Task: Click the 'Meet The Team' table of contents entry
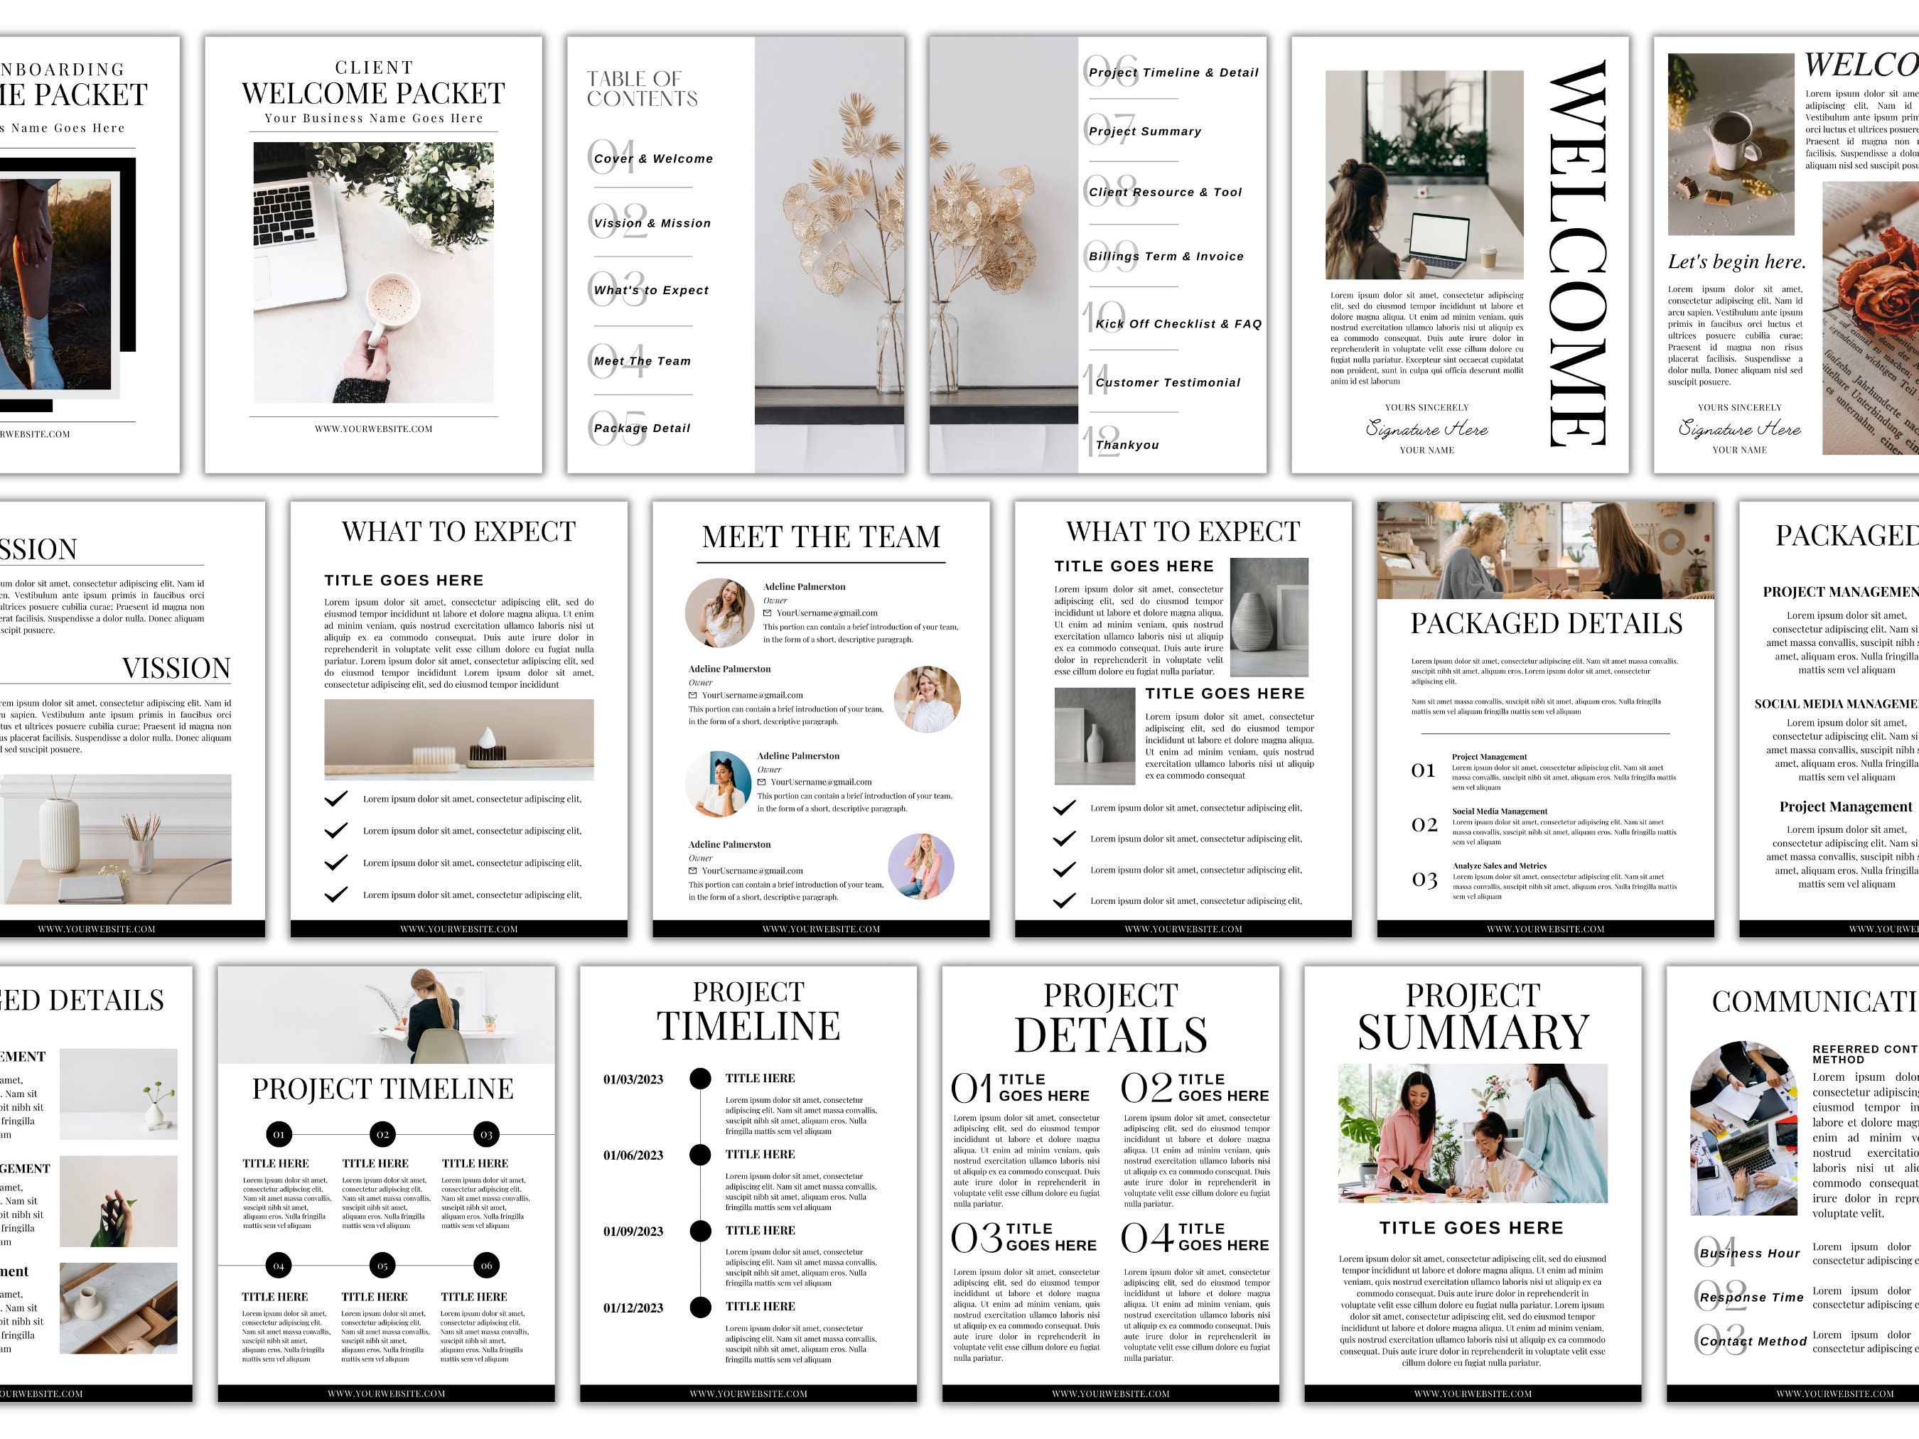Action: tap(642, 361)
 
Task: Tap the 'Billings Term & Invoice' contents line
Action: tap(1166, 256)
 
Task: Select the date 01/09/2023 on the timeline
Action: tap(633, 1231)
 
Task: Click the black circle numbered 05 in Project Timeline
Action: tap(382, 1265)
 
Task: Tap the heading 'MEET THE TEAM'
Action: tap(821, 537)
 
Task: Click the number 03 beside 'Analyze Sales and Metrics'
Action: tap(1424, 880)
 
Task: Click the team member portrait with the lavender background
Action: tap(921, 866)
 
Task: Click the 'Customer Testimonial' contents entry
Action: tap(1168, 382)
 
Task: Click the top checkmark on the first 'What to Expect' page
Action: tap(335, 798)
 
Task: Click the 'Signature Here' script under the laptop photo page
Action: tap(1426, 429)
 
